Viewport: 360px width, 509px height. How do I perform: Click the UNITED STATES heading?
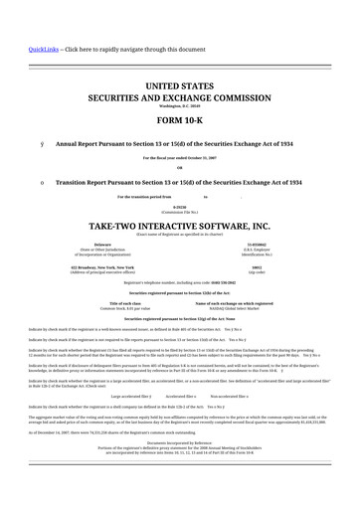click(x=179, y=87)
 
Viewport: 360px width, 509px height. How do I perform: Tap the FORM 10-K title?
click(x=179, y=120)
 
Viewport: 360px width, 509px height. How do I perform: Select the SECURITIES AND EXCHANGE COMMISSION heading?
click(x=179, y=100)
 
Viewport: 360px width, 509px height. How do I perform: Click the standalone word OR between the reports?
click(x=179, y=166)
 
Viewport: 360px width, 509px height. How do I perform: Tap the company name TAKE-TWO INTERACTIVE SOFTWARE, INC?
click(x=179, y=226)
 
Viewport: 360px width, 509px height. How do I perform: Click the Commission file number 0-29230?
click(x=179, y=208)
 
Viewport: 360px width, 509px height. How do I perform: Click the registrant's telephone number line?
click(x=179, y=283)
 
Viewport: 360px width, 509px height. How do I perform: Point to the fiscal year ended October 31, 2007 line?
click(x=179, y=158)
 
